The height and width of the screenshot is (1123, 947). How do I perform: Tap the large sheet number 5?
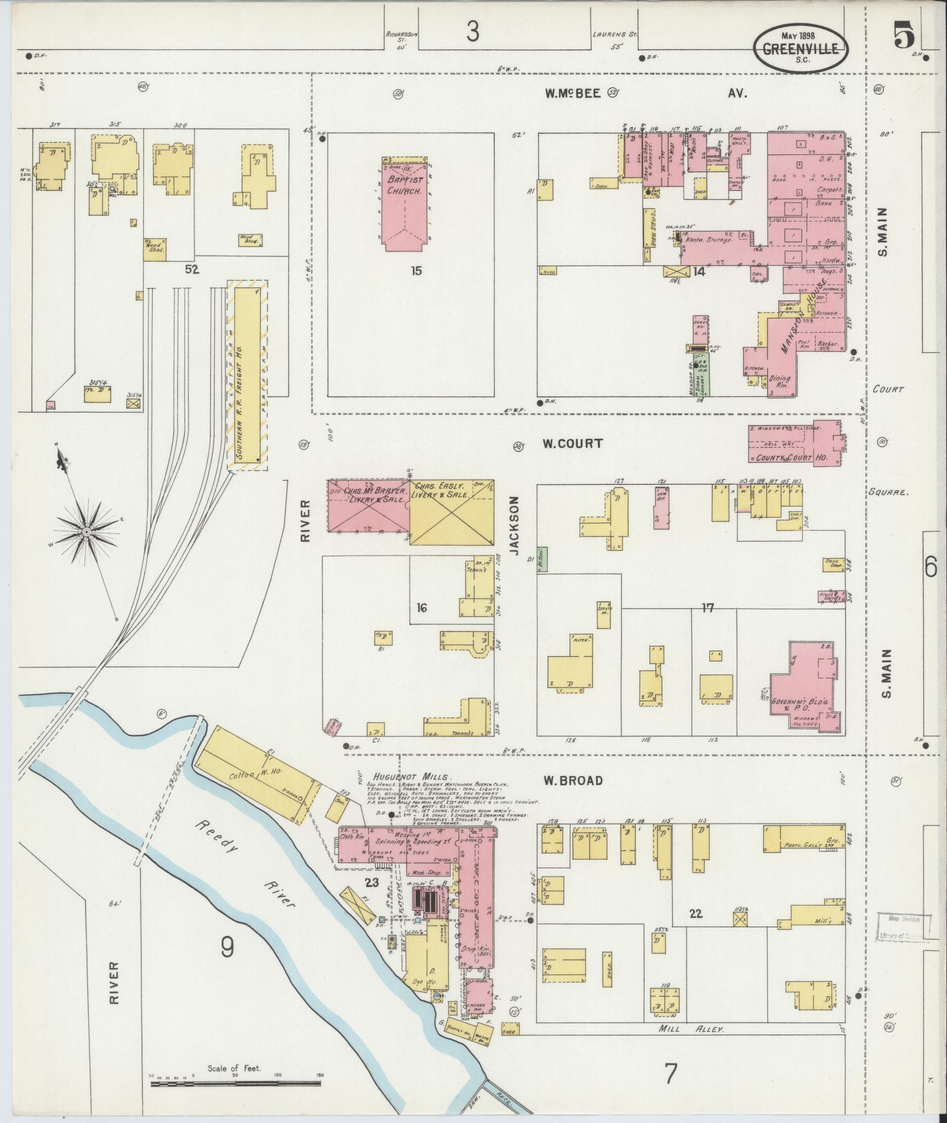904,36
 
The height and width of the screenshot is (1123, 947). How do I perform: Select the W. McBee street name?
572,93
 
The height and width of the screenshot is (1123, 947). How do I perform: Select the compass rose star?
86,531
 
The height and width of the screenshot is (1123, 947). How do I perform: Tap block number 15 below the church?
416,271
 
